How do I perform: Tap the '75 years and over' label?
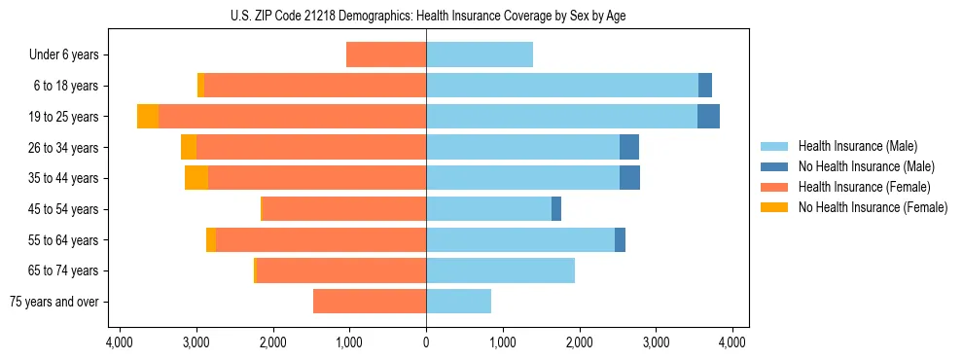click(54, 302)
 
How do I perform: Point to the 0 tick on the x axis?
click(426, 342)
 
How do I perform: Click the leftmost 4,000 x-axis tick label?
click(120, 342)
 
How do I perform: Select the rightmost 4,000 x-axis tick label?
click(732, 342)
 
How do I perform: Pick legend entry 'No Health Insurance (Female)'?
click(873, 207)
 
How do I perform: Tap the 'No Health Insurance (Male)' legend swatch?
click(775, 166)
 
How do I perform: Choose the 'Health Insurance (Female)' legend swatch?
click(775, 187)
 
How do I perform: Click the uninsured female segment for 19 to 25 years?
click(148, 117)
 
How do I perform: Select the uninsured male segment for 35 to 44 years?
click(629, 178)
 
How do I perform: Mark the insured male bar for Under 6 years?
click(480, 54)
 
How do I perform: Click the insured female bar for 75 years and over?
click(370, 302)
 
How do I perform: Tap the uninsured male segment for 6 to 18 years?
click(705, 86)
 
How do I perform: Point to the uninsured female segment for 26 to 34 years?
click(189, 147)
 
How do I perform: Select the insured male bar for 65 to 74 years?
click(500, 270)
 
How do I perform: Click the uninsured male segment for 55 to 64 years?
click(620, 239)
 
